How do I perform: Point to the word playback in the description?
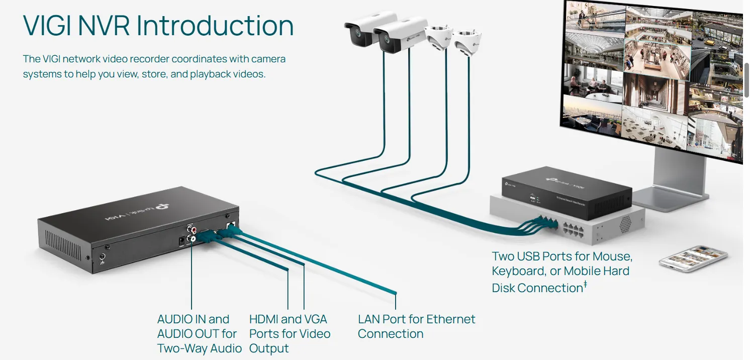click(213, 74)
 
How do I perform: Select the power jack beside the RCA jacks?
click(181, 242)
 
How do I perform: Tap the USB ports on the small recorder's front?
click(531, 198)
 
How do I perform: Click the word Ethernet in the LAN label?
click(448, 319)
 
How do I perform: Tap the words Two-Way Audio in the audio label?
click(200, 348)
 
